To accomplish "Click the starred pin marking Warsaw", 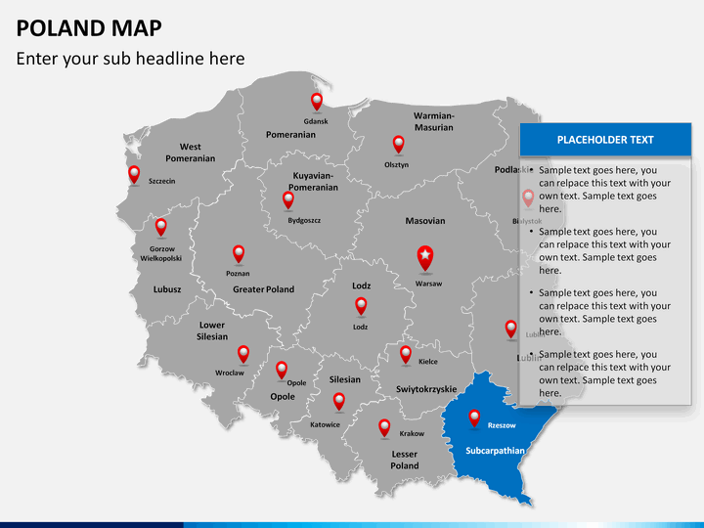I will pyautogui.click(x=425, y=257).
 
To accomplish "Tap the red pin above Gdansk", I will pyautogui.click(x=317, y=101).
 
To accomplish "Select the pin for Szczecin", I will pyautogui.click(x=135, y=174).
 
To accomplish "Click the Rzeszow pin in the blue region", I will pyautogui.click(x=475, y=418).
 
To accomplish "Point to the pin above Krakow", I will pyautogui.click(x=384, y=426).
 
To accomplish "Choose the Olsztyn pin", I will pyautogui.click(x=398, y=144).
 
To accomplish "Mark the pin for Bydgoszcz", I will pyautogui.click(x=288, y=199).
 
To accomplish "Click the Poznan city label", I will pyautogui.click(x=238, y=274).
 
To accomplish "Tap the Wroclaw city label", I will pyautogui.click(x=230, y=373).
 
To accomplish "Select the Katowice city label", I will pyautogui.click(x=325, y=424).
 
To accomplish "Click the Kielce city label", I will pyautogui.click(x=428, y=361).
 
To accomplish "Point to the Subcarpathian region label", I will pyautogui.click(x=496, y=451).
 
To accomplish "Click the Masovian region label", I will pyautogui.click(x=425, y=221).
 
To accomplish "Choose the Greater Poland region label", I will pyautogui.click(x=263, y=289).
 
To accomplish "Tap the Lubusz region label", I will pyautogui.click(x=167, y=289).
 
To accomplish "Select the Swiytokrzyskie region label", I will pyautogui.click(x=426, y=389).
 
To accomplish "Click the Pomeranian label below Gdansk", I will pyautogui.click(x=290, y=134).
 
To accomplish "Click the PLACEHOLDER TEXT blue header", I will pyautogui.click(x=605, y=140).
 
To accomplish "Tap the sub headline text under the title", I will pyautogui.click(x=130, y=59).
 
